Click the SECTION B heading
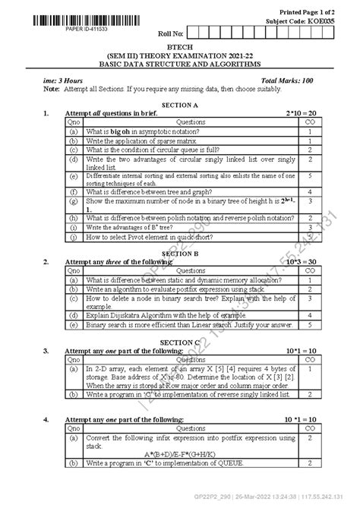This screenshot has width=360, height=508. [x=180, y=253]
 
